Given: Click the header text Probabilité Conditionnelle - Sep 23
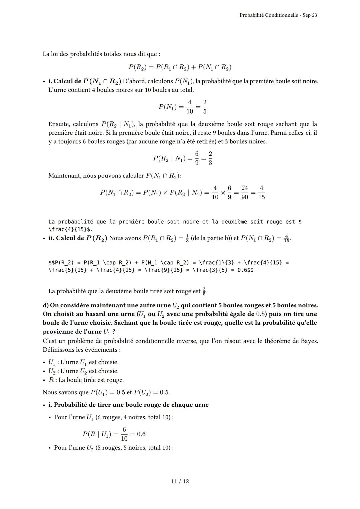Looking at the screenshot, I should click(278, 15).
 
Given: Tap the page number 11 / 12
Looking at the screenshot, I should click(180, 481).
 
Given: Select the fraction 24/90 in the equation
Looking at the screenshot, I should click(244, 192).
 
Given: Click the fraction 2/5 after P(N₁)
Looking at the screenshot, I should click(204, 107).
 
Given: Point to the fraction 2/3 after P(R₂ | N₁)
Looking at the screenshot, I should click(210, 158).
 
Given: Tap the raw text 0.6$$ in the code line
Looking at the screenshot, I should click(245, 270).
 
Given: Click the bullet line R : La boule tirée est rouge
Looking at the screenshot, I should click(86, 380).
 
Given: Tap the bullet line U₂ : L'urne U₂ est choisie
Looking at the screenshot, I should click(83, 371).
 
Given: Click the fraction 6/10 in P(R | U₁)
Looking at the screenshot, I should click(124, 434).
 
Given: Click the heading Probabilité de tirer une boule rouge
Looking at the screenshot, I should click(131, 405).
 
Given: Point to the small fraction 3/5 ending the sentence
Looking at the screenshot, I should click(204, 291).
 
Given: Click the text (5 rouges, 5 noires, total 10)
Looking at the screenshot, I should click(134, 448).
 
